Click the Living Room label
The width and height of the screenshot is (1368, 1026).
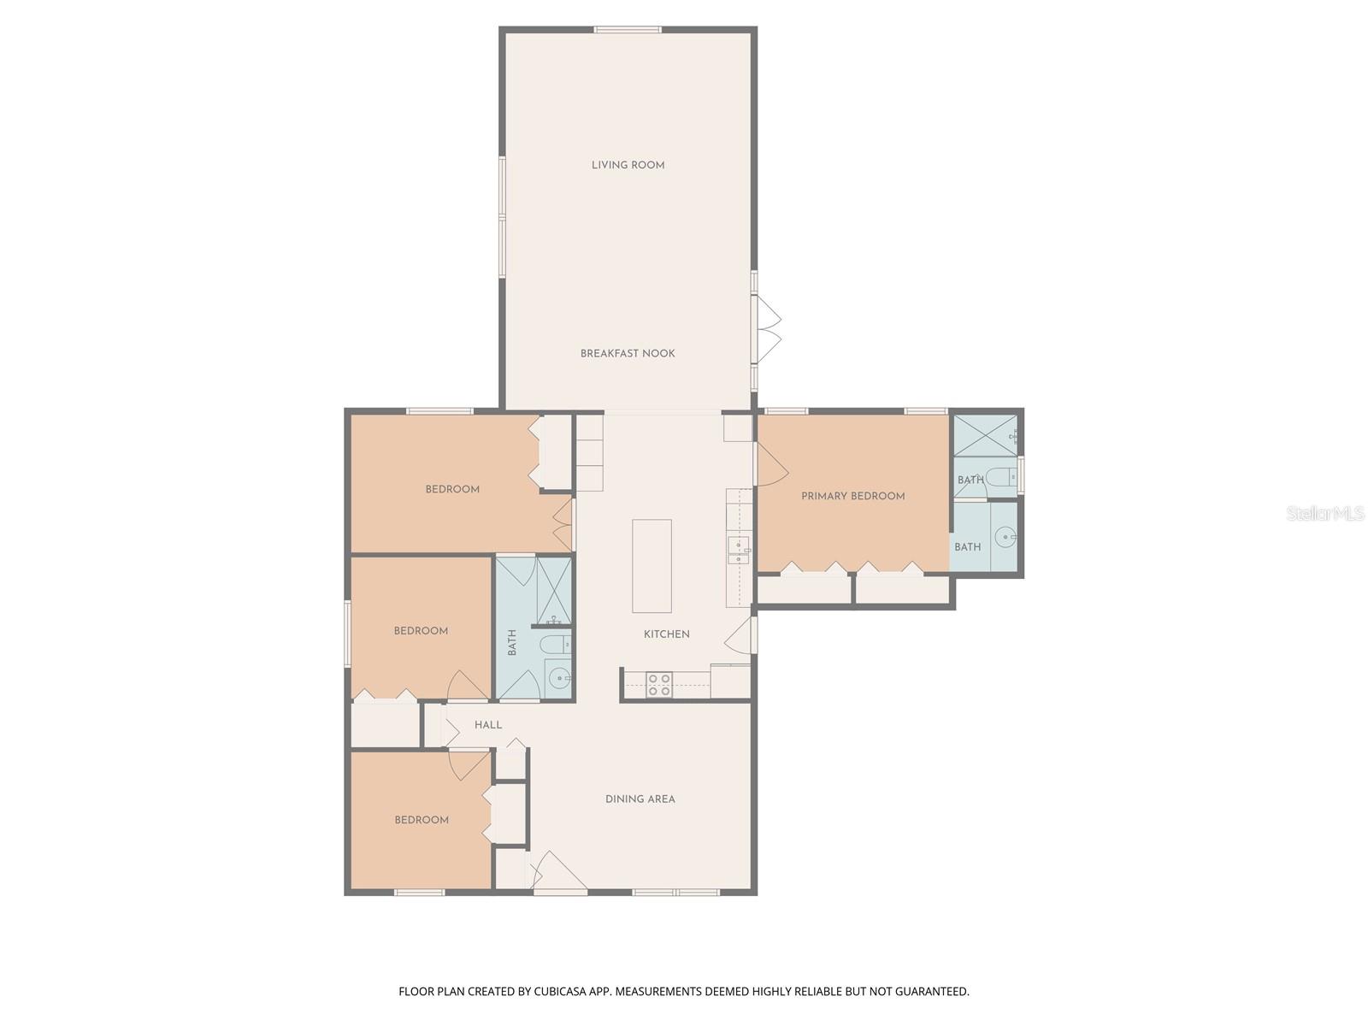point(628,165)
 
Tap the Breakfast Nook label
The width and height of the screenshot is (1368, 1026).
point(628,353)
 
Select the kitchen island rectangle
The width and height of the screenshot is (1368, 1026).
point(652,566)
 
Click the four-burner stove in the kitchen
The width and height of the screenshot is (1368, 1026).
point(658,684)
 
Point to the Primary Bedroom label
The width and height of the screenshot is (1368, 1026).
point(852,496)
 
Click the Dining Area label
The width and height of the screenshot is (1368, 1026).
point(640,799)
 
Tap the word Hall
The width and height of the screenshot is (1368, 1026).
point(488,725)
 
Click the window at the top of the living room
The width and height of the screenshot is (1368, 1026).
point(628,31)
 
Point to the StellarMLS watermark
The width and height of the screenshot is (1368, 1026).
point(1324,514)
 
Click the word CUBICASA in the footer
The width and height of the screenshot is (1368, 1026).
point(560,992)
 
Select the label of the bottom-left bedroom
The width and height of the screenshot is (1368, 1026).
point(422,820)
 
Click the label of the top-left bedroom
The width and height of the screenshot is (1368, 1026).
point(452,489)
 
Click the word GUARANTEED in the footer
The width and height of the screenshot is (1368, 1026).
point(934,992)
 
